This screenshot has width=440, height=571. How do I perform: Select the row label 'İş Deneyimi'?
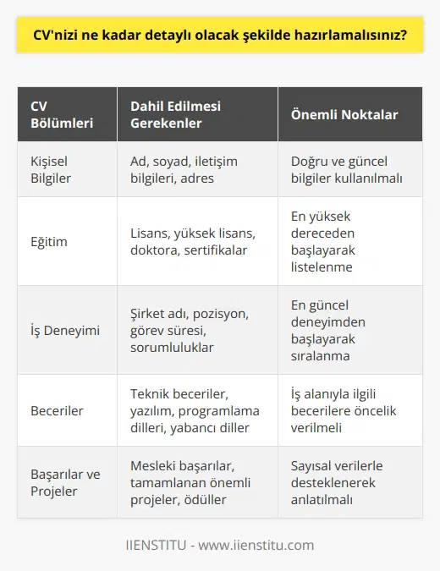click(63, 330)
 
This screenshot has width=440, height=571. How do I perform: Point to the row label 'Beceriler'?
click(56, 410)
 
